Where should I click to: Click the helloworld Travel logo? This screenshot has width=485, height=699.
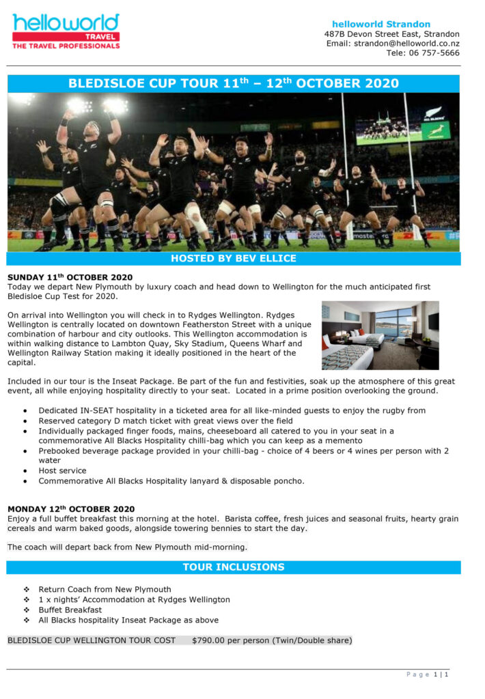pyautogui.click(x=66, y=31)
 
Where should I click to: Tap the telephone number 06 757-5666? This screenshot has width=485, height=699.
pyautogui.click(x=434, y=53)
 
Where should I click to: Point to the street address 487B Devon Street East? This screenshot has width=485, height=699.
pyautogui.click(x=391, y=34)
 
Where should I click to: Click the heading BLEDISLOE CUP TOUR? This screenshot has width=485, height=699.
pyautogui.click(x=233, y=84)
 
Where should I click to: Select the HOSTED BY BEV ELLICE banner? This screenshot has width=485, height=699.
pyautogui.click(x=233, y=259)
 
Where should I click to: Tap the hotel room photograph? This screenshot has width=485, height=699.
pyautogui.click(x=380, y=335)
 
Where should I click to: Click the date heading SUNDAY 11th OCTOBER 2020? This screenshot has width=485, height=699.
pyautogui.click(x=70, y=277)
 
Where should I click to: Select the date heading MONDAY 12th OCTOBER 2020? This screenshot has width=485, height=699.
pyautogui.click(x=71, y=509)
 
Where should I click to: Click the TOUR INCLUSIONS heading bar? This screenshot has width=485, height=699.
pyautogui.click(x=233, y=567)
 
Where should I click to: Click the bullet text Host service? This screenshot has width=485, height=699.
pyautogui.click(x=62, y=470)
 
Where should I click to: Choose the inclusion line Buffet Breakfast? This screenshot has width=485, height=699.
pyautogui.click(x=70, y=610)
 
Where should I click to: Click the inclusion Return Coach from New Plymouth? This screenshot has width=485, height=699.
pyautogui.click(x=105, y=589)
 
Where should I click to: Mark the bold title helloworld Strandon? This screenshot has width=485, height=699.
pyautogui.click(x=381, y=24)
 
